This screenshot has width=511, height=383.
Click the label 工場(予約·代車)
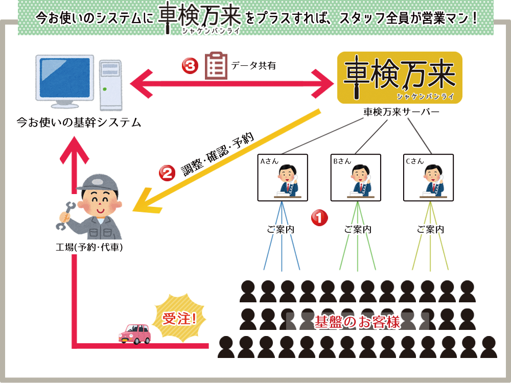[89, 248]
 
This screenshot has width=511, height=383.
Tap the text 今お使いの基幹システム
[79, 123]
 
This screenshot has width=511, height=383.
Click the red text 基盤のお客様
[357, 323]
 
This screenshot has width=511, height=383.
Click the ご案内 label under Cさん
[430, 229]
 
